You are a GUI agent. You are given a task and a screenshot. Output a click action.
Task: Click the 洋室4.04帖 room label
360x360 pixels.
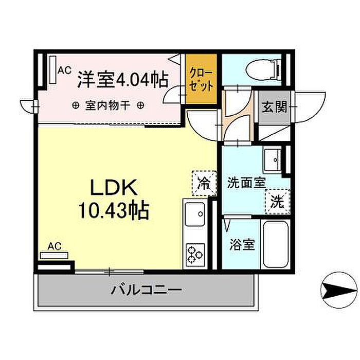point(122,80)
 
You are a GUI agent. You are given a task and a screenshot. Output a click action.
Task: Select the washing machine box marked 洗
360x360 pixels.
point(278,201)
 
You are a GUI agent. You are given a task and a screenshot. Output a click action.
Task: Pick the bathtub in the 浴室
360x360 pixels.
point(277,244)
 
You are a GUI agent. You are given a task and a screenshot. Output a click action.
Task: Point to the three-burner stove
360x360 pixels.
point(195,254)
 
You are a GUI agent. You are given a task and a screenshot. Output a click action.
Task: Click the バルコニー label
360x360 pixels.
point(147,290)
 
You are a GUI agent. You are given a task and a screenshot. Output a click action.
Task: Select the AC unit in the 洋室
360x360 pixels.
point(52,69)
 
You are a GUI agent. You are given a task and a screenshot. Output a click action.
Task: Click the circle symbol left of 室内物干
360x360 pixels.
point(76,106)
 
